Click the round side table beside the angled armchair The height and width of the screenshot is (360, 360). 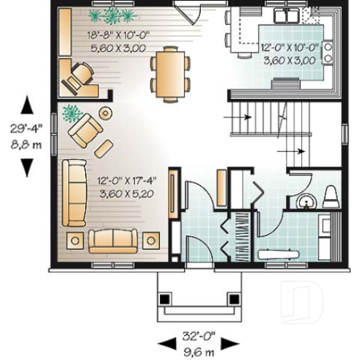(105, 114)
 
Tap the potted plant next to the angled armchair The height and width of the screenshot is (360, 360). (72, 113)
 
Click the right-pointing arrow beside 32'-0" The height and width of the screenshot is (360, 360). (230, 343)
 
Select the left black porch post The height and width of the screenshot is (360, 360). (165, 299)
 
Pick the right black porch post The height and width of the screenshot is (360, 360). (233, 299)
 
